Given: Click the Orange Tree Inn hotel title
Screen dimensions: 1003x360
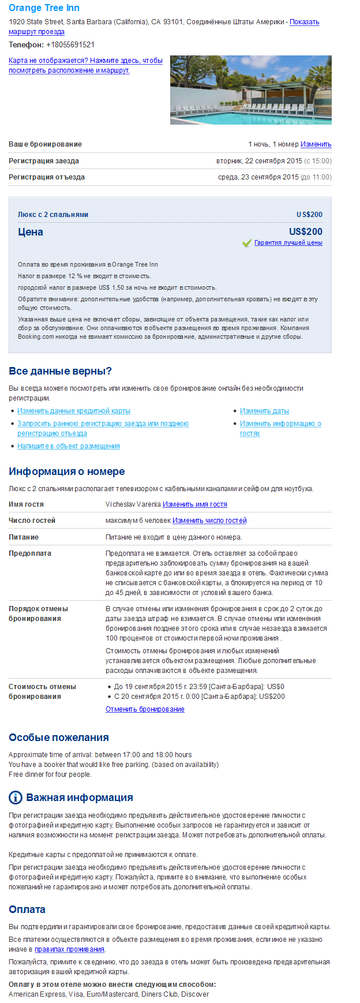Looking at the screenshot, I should pyautogui.click(x=44, y=8).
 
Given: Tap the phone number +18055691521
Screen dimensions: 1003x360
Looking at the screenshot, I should pyautogui.click(x=70, y=44).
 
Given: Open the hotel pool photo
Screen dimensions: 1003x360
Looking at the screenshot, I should pyautogui.click(x=250, y=89).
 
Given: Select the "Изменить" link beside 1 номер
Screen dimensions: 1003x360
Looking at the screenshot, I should pyautogui.click(x=316, y=144).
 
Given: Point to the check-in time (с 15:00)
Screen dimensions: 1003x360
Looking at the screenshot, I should pyautogui.click(x=318, y=161).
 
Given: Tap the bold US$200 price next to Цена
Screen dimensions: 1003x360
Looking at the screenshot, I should pyautogui.click(x=305, y=231).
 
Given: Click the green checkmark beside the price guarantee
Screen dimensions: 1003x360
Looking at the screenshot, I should pyautogui.click(x=247, y=243).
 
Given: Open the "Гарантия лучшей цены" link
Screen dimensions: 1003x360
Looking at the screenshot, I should pyautogui.click(x=288, y=243).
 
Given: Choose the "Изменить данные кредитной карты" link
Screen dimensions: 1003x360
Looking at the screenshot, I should pyautogui.click(x=74, y=411).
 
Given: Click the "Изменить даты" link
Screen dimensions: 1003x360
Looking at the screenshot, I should pyautogui.click(x=264, y=411).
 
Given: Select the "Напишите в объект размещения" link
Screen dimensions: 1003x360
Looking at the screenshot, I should pyautogui.click(x=69, y=446).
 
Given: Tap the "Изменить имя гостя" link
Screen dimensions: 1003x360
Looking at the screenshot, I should pyautogui.click(x=194, y=504).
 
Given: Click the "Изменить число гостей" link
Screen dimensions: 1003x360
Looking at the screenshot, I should pyautogui.click(x=209, y=521).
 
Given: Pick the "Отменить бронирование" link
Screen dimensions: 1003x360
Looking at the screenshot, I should pyautogui.click(x=145, y=709).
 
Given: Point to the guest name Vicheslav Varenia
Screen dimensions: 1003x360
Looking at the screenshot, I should pyautogui.click(x=133, y=504).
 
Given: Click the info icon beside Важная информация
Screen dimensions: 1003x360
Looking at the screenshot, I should pyautogui.click(x=16, y=798).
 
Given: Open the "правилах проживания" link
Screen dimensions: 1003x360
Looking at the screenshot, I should pyautogui.click(x=69, y=949).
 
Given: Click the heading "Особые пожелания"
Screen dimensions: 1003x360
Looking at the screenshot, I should pyautogui.click(x=58, y=738).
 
